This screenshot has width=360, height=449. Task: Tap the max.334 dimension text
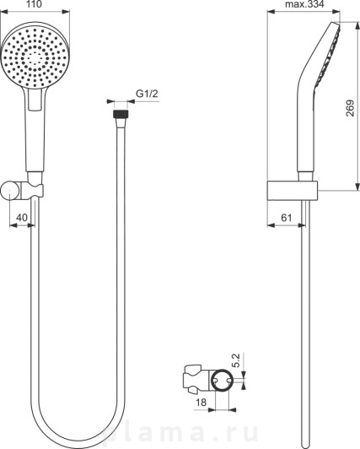tap(304, 4)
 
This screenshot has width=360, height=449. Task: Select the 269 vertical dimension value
tap(350, 108)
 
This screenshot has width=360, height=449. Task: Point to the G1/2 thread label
tap(147, 94)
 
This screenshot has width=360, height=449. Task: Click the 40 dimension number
tap(22, 218)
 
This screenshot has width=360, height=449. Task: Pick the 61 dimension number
tap(286, 218)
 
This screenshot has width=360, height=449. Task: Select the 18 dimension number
tap(201, 403)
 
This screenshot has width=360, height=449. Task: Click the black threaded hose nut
tap(121, 114)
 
